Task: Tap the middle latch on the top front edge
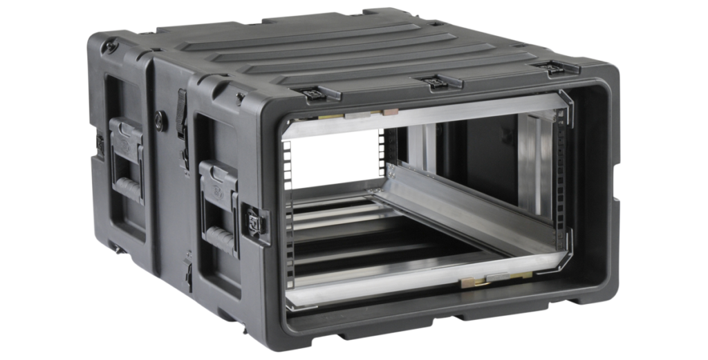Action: [x=436, y=82]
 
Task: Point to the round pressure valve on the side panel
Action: [x=160, y=118]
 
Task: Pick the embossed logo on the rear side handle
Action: [x=124, y=133]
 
